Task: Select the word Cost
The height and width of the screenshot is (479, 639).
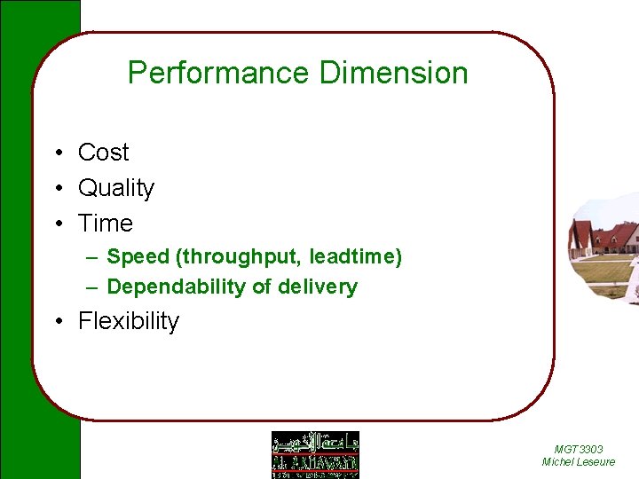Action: click(103, 153)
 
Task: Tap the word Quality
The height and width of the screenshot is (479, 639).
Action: click(116, 188)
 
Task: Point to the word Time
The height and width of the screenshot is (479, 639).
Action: click(105, 224)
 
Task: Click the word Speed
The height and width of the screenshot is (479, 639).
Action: click(138, 257)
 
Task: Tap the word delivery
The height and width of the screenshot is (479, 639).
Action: click(318, 287)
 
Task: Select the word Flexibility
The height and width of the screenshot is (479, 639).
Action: click(129, 321)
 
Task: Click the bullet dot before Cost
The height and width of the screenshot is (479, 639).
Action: click(56, 153)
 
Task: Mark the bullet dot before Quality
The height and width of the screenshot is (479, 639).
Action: click(56, 189)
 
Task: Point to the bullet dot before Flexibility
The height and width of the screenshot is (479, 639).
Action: click(56, 322)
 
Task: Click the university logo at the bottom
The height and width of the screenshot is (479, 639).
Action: click(315, 454)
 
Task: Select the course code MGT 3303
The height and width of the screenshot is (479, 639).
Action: click(578, 450)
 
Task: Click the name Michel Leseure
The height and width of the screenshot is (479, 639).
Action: click(578, 462)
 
